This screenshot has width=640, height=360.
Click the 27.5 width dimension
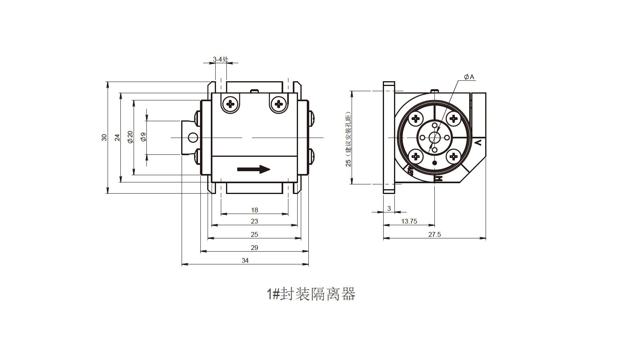tap(434, 234)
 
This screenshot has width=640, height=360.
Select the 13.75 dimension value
tap(409, 221)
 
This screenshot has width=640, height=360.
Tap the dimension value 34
tap(245, 260)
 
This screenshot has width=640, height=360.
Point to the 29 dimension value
tap(254, 248)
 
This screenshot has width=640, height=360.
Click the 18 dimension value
tap(254, 210)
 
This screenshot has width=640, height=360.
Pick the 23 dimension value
tap(254, 221)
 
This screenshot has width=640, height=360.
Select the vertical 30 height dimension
tap(104, 137)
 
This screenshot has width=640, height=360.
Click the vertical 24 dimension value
tap(117, 137)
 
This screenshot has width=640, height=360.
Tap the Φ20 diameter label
tap(130, 137)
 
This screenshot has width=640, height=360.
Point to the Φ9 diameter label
tap(143, 137)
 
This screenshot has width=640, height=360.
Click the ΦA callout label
tap(469, 77)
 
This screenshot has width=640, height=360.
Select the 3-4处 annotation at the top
tap(220, 59)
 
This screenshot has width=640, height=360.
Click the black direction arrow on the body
tap(254, 169)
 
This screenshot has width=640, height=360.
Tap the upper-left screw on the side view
tap(230, 104)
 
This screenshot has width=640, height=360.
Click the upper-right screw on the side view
tap(279, 104)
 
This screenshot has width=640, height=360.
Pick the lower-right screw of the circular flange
tap(453, 156)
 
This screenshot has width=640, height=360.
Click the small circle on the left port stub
tap(193, 138)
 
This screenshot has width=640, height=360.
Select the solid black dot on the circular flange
tap(434, 163)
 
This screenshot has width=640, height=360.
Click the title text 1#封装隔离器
tap(311, 294)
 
